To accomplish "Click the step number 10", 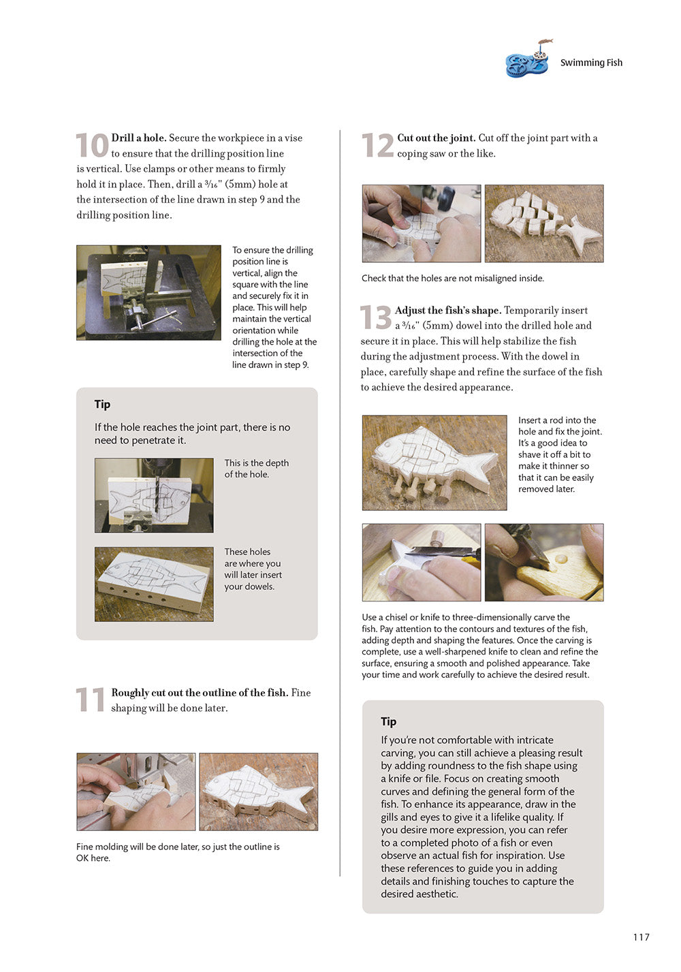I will pyautogui.click(x=91, y=146).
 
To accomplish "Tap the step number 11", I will pyautogui.click(x=90, y=700).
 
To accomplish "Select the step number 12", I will pyautogui.click(x=377, y=146).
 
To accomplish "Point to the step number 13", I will pyautogui.click(x=375, y=318).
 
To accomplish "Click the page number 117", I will pyautogui.click(x=641, y=937).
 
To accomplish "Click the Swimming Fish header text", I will pyautogui.click(x=591, y=63).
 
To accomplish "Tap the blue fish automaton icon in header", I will pyautogui.click(x=528, y=61).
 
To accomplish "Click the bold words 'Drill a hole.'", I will pyautogui.click(x=139, y=138).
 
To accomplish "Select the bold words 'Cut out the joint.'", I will pyautogui.click(x=436, y=138).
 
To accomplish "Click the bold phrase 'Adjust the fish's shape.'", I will pyautogui.click(x=447, y=311).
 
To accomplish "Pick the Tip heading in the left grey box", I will pyautogui.click(x=103, y=405).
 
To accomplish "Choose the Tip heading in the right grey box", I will pyautogui.click(x=389, y=722).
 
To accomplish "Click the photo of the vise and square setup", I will pyautogui.click(x=148, y=292).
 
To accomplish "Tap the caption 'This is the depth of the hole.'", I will pyautogui.click(x=256, y=469).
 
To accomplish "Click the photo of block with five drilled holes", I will pyautogui.click(x=154, y=584).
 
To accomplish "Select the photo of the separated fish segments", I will pyautogui.click(x=543, y=223).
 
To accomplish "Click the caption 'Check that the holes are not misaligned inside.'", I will pyautogui.click(x=453, y=279).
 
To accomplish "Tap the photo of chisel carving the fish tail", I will pyautogui.click(x=421, y=562).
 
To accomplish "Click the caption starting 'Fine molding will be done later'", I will pyautogui.click(x=177, y=852).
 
